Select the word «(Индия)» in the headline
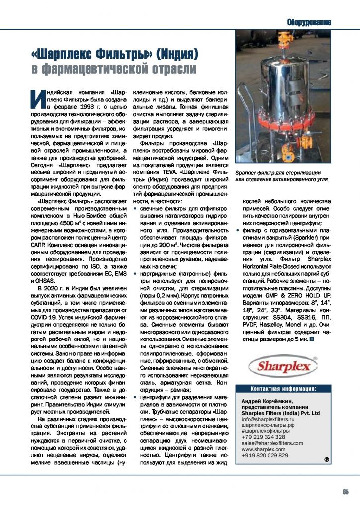coord(173,52)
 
